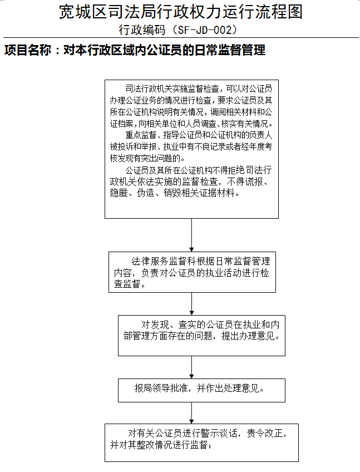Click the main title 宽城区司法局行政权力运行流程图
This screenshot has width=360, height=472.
180,12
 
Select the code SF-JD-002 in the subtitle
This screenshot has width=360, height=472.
204,30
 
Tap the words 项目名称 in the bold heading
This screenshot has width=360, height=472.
28,50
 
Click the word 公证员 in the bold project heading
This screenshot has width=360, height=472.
165,50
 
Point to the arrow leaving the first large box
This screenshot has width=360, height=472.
191,235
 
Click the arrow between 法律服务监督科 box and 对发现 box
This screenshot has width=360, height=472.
191,304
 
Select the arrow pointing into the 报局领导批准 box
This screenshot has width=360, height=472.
191,367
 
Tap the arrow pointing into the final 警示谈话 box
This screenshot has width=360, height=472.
191,413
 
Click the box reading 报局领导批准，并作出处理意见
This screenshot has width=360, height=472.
201,390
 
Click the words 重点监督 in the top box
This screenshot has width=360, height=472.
141,135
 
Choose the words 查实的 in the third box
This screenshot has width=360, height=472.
192,324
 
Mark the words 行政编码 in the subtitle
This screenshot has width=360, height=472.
142,30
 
